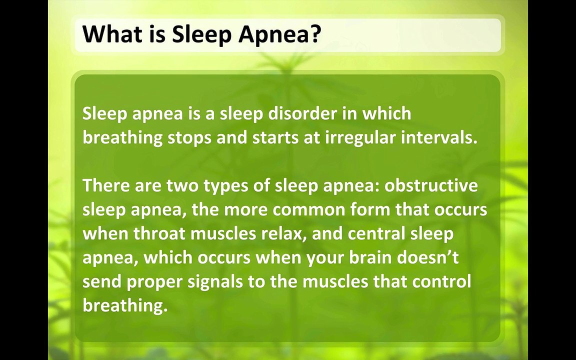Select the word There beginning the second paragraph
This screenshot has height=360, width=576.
(106, 185)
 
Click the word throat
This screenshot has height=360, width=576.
(159, 233)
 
